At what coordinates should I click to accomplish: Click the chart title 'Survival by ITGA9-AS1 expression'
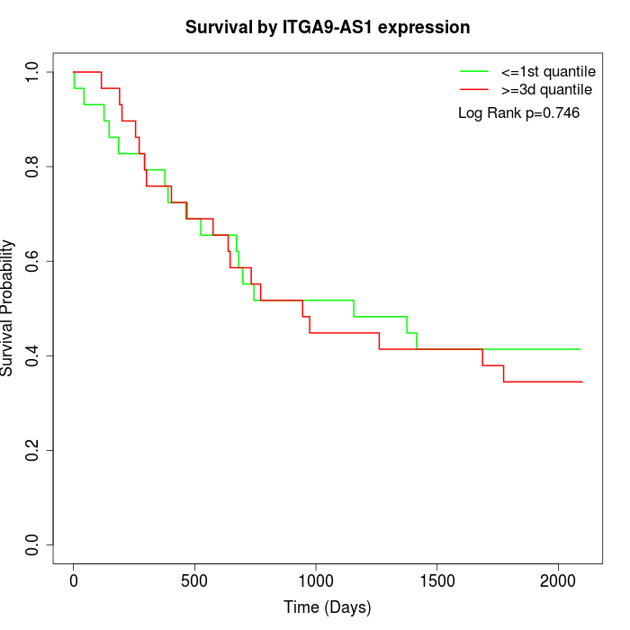click(x=328, y=28)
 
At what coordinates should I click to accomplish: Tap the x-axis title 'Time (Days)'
click(x=328, y=608)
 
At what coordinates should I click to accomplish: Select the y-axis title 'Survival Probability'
click(x=8, y=308)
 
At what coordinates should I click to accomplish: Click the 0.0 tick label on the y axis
click(x=33, y=544)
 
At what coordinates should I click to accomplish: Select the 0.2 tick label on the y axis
click(x=33, y=450)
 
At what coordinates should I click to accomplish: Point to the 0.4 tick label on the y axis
click(x=33, y=355)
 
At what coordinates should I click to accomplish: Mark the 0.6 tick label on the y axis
click(x=33, y=261)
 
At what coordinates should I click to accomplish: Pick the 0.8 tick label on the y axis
click(x=33, y=166)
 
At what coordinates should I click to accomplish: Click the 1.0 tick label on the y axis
click(x=33, y=72)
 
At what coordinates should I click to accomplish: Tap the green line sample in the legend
click(x=473, y=70)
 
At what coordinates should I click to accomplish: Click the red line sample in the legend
click(x=473, y=89)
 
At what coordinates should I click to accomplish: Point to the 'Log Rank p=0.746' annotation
click(x=518, y=113)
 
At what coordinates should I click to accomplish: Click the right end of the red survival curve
click(x=582, y=382)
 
